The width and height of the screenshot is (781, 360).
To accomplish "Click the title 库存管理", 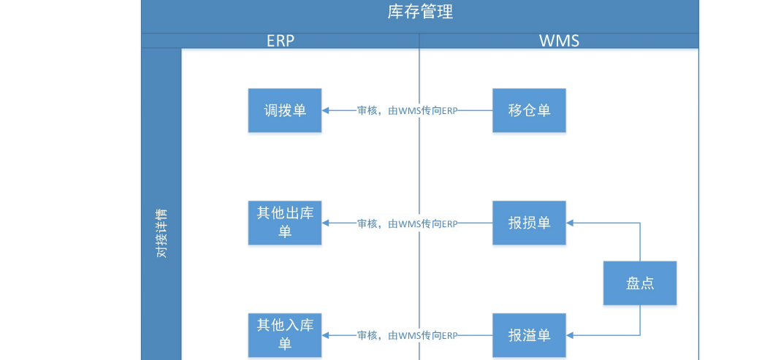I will coord(419,12).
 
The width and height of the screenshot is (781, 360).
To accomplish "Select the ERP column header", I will coord(280,41).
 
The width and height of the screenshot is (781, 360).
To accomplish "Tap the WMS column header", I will coord(559,41).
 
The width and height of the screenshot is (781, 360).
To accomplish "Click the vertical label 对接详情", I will coord(161,233).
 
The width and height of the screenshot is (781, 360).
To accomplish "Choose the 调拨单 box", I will coord(284,111).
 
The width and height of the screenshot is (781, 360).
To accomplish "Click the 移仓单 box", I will coord(529,111).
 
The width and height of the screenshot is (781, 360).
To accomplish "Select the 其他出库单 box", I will coord(284,223).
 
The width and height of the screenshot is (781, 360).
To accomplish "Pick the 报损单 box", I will coord(529,223).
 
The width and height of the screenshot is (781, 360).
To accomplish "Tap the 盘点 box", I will coord(640,283).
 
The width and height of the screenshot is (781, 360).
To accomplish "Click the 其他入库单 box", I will coord(284,335).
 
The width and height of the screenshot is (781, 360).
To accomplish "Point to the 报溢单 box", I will coord(529,335).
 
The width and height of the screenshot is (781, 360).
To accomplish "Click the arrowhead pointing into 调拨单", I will coord(326,111).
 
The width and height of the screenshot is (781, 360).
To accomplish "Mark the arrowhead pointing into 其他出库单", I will coord(326,223).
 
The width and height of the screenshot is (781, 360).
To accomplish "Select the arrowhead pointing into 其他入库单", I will coord(326,336).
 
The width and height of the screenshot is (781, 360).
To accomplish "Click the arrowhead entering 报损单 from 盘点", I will coord(571,223).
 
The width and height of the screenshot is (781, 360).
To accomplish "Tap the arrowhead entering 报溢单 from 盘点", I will coord(571,336).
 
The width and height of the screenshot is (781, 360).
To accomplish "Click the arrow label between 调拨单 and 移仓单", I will coord(407,111).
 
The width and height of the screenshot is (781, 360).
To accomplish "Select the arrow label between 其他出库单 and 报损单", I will coord(407,223).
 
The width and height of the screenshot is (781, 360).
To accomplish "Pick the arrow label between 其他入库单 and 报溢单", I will coord(407,336).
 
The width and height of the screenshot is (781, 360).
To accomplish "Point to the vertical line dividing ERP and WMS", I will coord(419,168).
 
